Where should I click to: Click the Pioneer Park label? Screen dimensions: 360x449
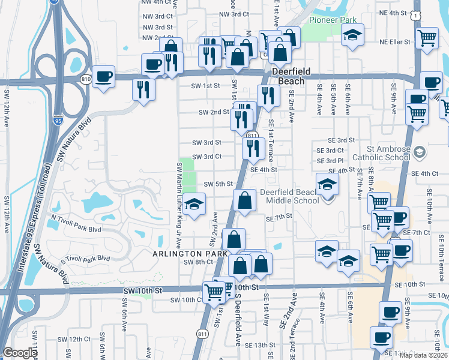click(x=333, y=20)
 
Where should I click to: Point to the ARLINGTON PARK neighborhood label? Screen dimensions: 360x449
click(x=184, y=254)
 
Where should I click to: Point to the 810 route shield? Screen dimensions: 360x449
click(x=86, y=78)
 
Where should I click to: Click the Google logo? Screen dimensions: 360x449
click(x=20, y=353)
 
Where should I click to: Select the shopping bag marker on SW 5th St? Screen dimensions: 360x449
click(x=244, y=200)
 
